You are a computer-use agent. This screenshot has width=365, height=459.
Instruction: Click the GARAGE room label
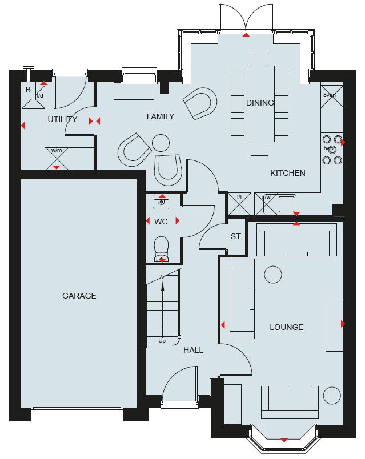click(79, 296)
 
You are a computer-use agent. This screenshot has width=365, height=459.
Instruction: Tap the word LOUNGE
click(287, 327)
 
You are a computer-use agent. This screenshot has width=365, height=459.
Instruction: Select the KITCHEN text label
click(288, 173)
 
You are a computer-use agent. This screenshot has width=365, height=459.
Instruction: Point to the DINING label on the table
click(260, 103)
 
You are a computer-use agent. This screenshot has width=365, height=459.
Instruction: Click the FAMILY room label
click(161, 116)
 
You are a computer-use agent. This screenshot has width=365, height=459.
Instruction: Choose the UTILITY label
click(62, 119)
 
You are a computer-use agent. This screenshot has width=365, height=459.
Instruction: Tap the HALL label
click(193, 350)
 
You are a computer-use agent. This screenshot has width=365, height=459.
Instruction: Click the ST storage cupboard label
click(236, 236)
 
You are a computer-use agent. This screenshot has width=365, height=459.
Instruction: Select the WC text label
click(161, 222)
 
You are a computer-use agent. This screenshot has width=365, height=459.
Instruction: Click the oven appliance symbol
click(332, 96)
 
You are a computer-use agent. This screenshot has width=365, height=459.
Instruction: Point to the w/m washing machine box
click(57, 159)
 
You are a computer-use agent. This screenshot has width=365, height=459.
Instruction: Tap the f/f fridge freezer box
click(240, 204)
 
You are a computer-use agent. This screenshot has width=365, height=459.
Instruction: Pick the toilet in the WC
click(161, 249)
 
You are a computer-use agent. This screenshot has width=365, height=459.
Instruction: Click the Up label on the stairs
click(162, 341)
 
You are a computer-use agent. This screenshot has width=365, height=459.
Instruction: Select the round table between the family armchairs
click(161, 143)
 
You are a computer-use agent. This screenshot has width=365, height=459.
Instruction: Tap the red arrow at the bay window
click(284, 440)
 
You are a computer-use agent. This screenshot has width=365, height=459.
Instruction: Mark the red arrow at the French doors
click(246, 35)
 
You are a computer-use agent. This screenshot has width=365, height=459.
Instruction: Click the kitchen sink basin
click(287, 204)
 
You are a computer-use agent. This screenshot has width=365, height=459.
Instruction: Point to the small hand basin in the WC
click(161, 202)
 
